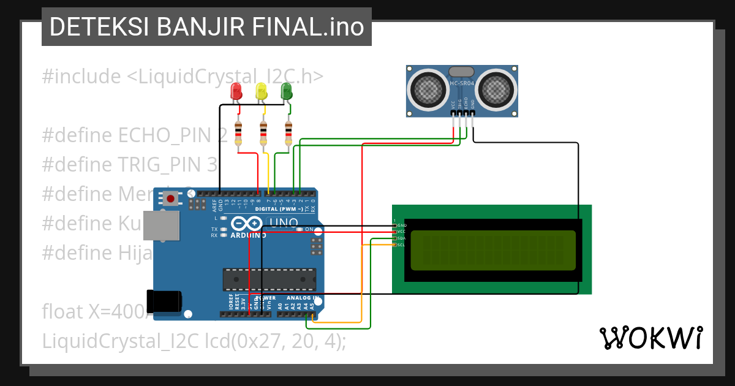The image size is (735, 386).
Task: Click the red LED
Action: coord(236,92)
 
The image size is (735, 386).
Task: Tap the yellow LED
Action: coord(262,92)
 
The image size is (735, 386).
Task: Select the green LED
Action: coord(287,92)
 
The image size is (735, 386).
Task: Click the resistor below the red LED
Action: coord(238,134)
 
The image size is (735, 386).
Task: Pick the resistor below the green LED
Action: coord(288,134)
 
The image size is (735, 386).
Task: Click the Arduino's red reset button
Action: coord(170,198)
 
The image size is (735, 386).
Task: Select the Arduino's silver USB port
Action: coord(162,226)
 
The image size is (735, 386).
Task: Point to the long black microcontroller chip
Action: coord(269,279)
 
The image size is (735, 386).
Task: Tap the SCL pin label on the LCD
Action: coord(401,245)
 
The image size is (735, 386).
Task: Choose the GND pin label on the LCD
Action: coord(401,225)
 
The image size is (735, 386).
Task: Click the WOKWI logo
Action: coord(650,338)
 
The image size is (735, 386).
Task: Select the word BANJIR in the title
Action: coord(202,27)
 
